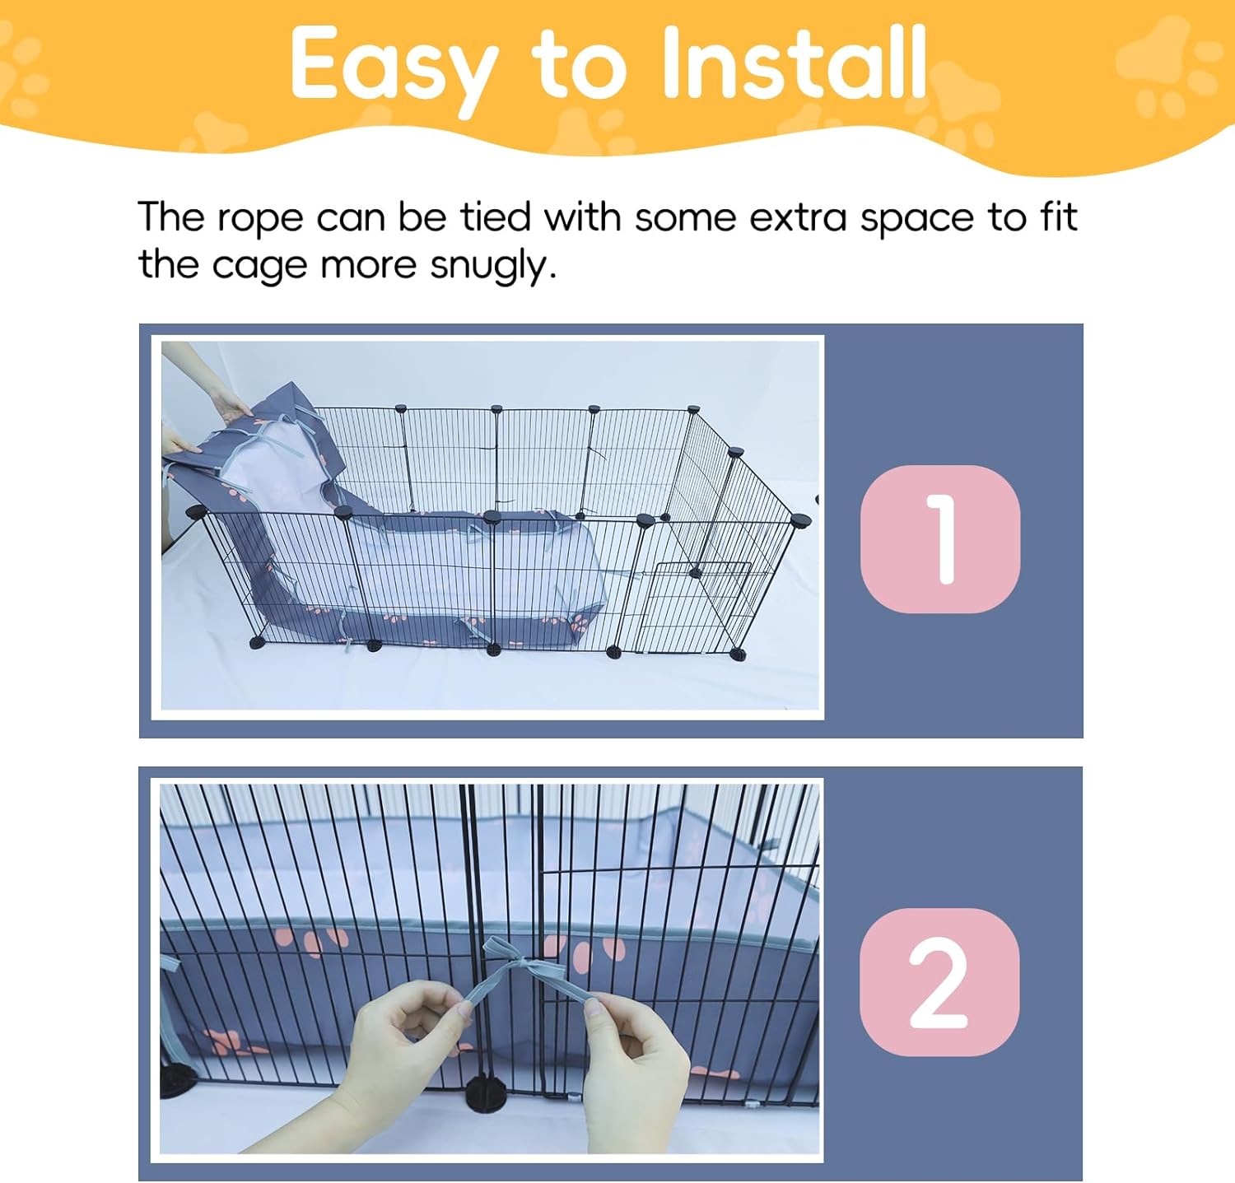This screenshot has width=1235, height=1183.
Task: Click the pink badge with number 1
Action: pyautogui.click(x=940, y=538)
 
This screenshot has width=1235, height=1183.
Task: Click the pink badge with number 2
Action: pyautogui.click(x=939, y=981)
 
